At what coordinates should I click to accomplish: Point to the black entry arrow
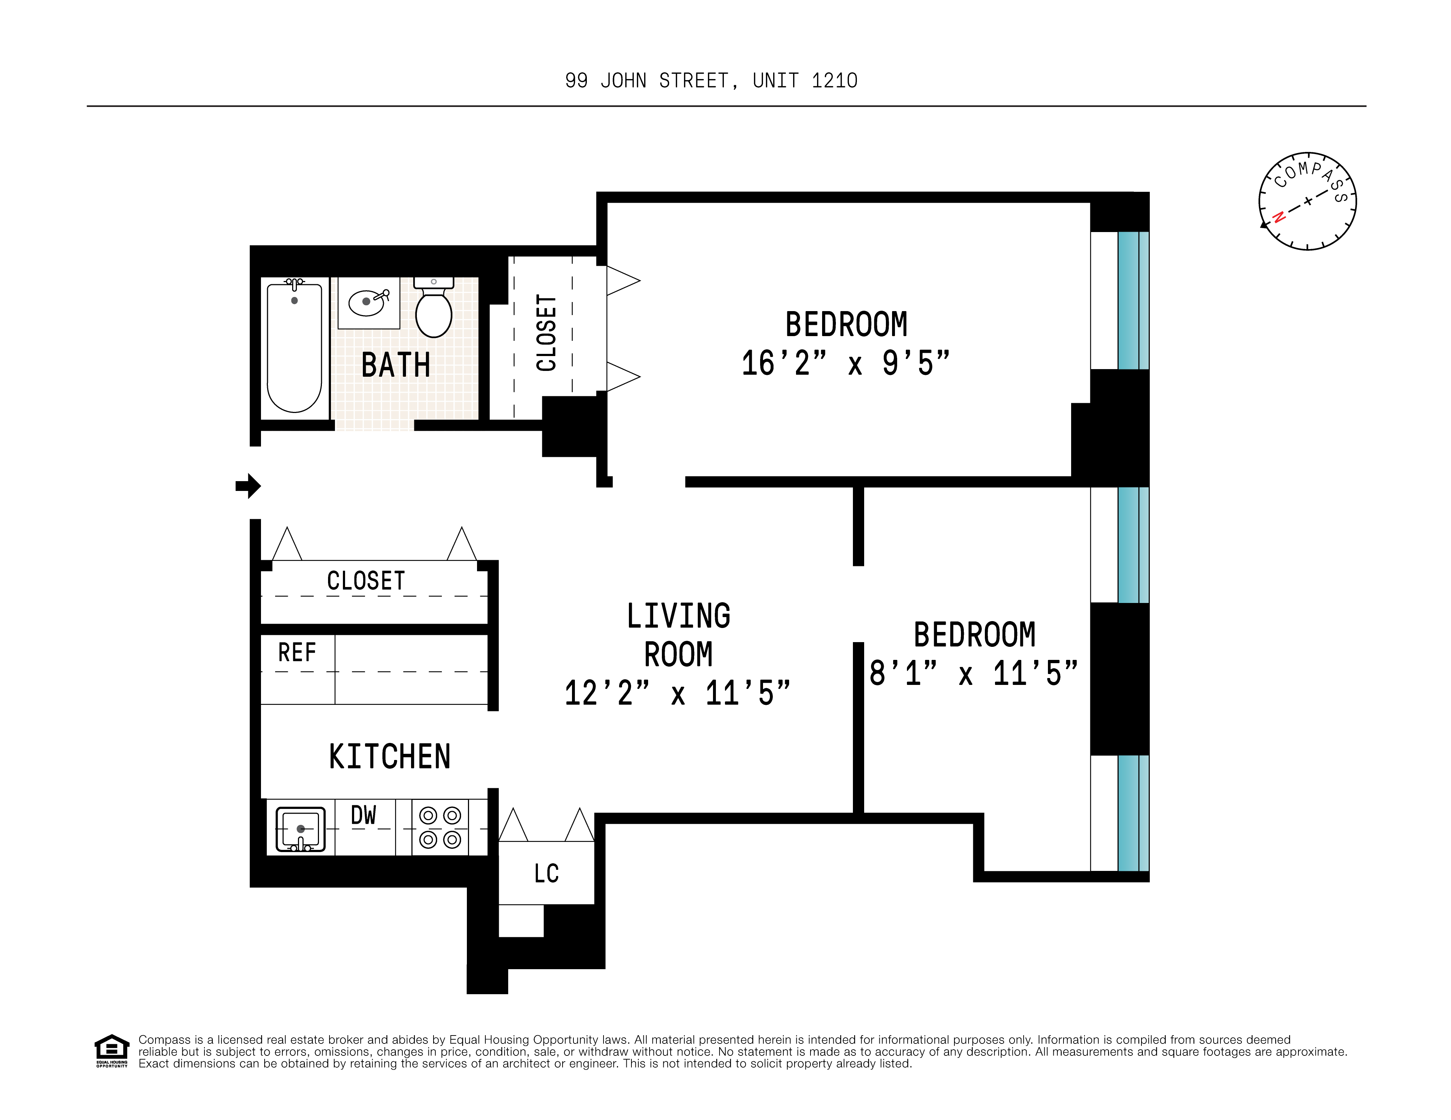click(x=248, y=486)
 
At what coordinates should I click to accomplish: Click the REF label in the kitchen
click(x=297, y=653)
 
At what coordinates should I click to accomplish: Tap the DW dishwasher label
click(x=364, y=815)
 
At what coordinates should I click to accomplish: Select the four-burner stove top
click(x=440, y=827)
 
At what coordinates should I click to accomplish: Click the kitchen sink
click(x=300, y=829)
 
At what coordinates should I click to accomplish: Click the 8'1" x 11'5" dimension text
click(x=973, y=673)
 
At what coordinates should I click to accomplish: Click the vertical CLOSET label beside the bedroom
click(x=546, y=333)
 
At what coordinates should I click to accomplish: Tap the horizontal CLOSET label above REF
click(x=366, y=581)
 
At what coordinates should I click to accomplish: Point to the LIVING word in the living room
click(x=678, y=616)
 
